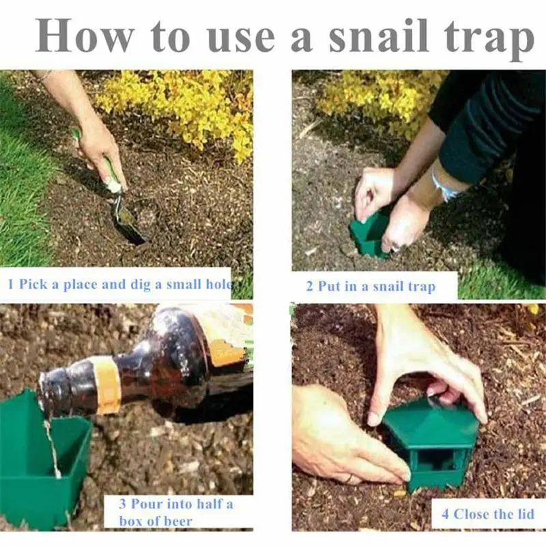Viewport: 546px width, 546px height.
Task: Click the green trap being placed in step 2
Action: [369, 235]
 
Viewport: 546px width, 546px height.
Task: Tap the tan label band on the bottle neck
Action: [106, 386]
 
